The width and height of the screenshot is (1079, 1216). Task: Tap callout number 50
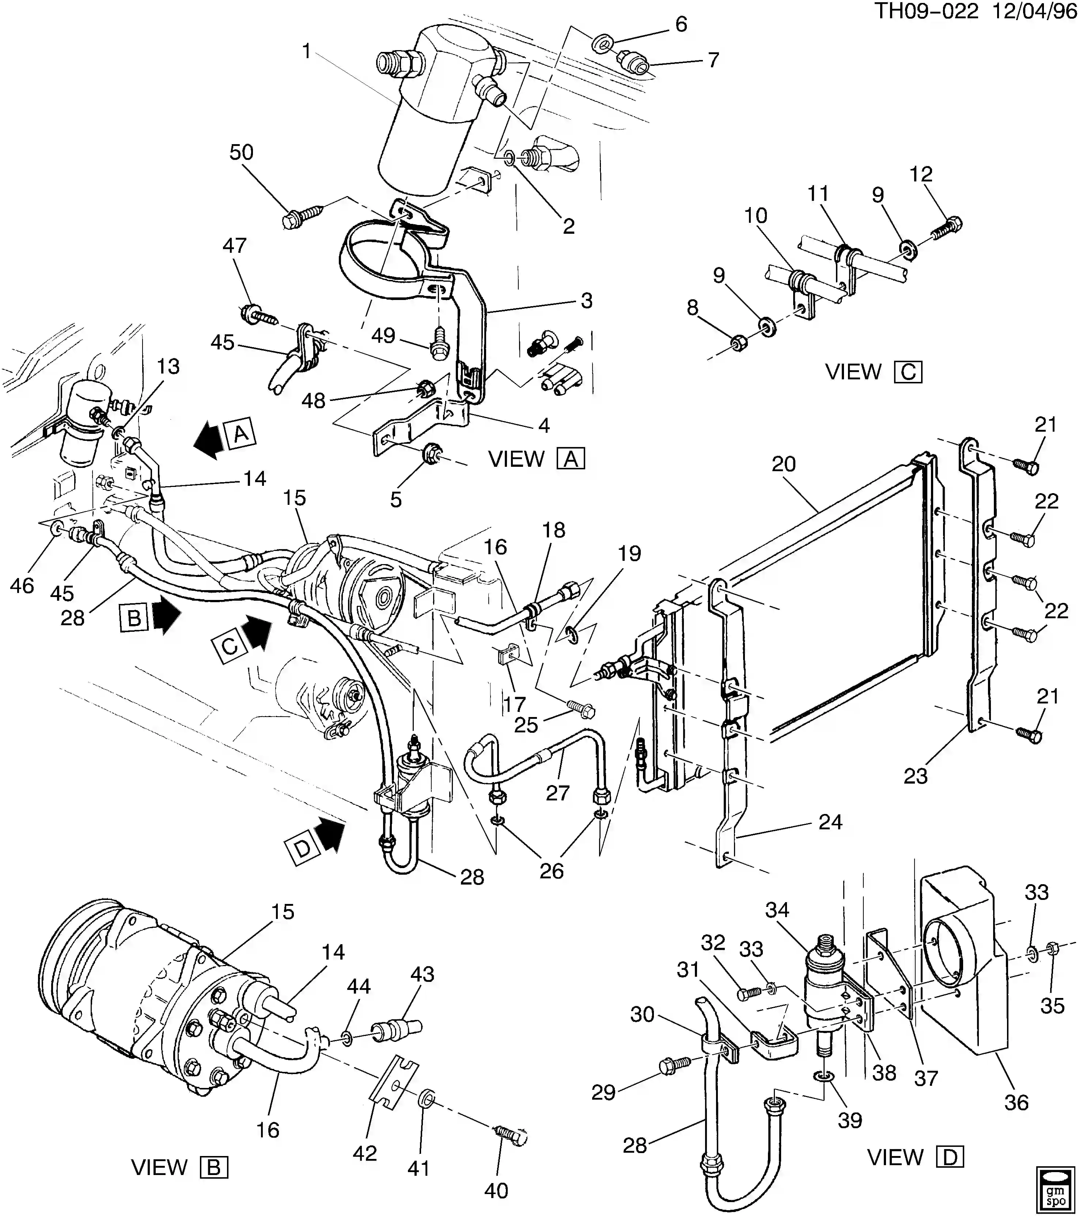pyautogui.click(x=241, y=153)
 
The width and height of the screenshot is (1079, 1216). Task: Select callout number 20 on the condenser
pyautogui.click(x=784, y=464)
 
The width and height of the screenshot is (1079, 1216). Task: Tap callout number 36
pyautogui.click(x=1016, y=1102)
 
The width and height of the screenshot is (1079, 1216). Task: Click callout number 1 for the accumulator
pyautogui.click(x=306, y=52)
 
